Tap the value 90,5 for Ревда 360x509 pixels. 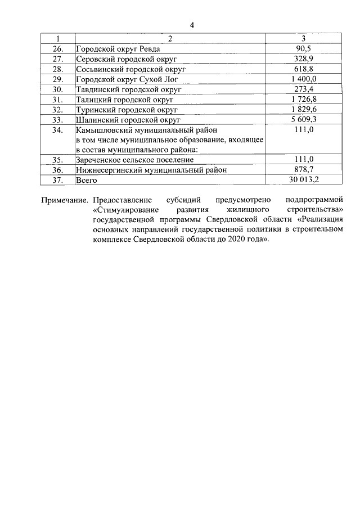(303, 48)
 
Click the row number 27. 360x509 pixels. (58, 58)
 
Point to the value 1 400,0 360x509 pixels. (303, 79)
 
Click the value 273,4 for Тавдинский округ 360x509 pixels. (303, 89)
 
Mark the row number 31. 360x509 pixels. (58, 100)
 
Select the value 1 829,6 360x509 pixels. (303, 109)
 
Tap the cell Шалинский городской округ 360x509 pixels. (128, 120)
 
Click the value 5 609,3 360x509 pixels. (303, 119)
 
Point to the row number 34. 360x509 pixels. (58, 130)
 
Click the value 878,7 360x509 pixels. (303, 170)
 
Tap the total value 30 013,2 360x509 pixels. (303, 180)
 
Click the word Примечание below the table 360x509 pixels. (65, 200)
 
